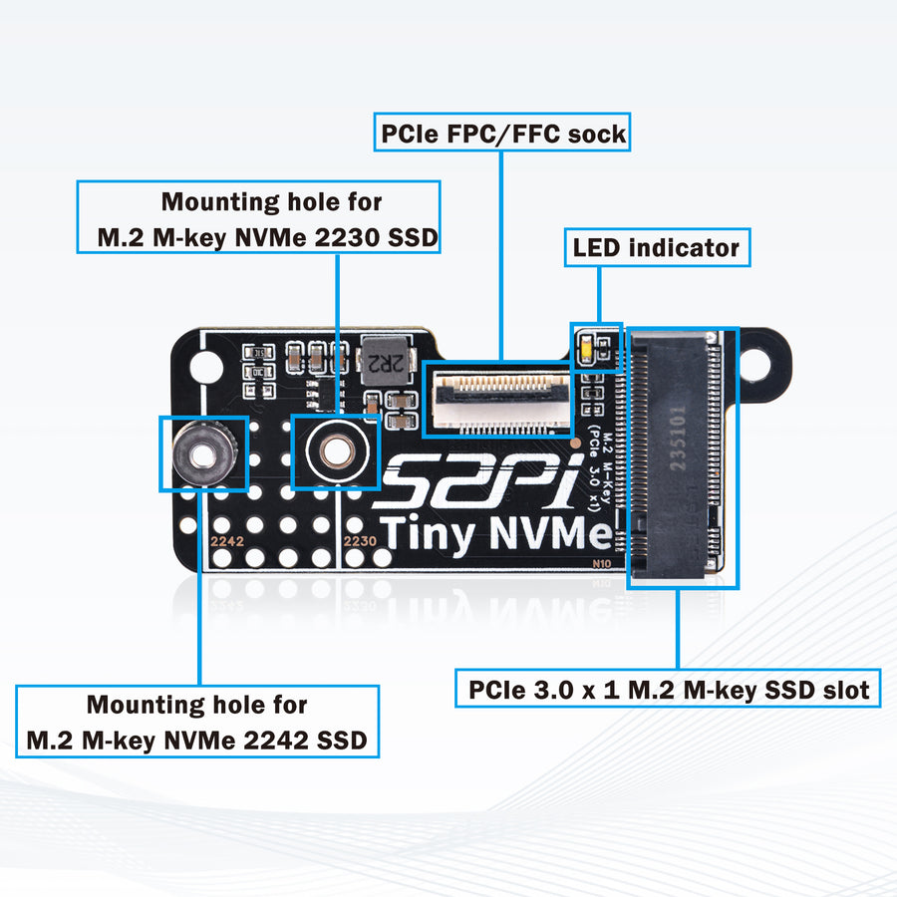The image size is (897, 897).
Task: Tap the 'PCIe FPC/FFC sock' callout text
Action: tap(502, 133)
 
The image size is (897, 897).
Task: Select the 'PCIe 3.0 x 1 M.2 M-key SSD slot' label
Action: tap(668, 689)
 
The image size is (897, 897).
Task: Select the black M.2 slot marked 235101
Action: tap(677, 458)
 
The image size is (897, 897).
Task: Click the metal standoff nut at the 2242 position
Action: tap(202, 454)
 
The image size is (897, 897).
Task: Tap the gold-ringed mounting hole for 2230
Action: tap(335, 454)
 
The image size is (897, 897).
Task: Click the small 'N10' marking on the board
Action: tap(602, 562)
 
